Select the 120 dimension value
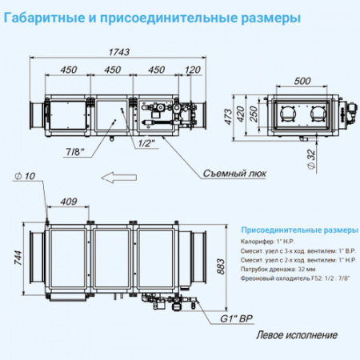coord(193,70)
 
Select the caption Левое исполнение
coord(296,335)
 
